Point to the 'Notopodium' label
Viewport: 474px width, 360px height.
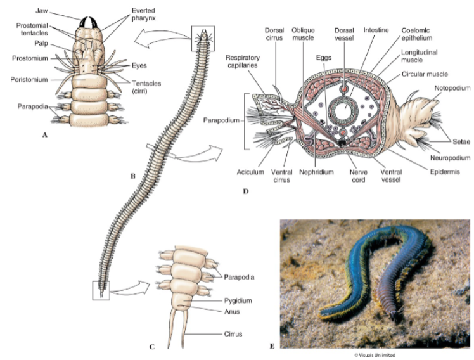click(451, 87)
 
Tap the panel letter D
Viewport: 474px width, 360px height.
click(245, 191)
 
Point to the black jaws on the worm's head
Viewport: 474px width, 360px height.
click(89, 21)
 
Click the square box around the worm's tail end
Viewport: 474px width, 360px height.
click(101, 290)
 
